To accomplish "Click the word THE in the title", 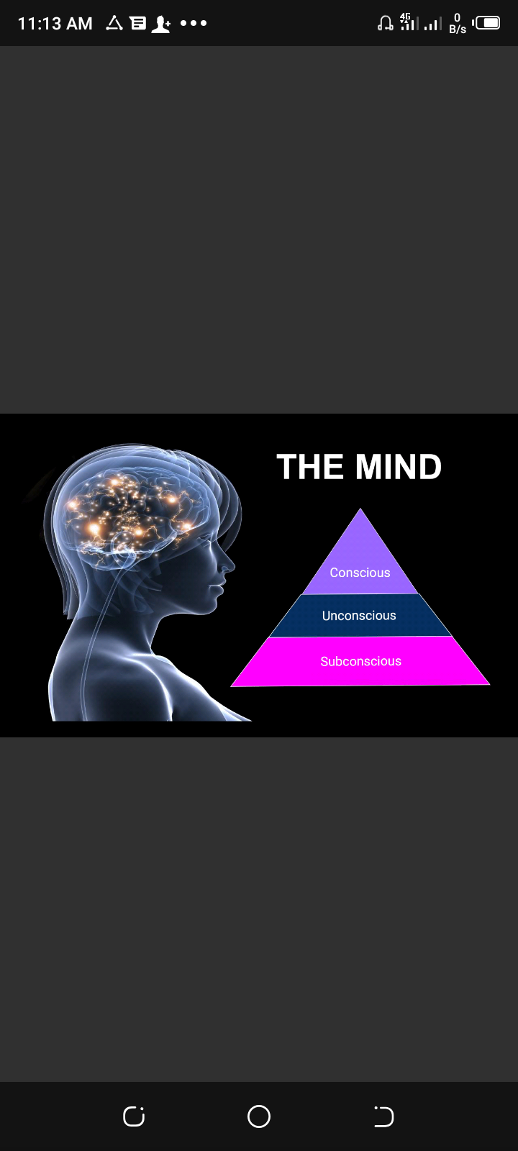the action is [310, 467].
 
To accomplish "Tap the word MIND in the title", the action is [399, 467].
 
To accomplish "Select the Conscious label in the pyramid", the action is [360, 573].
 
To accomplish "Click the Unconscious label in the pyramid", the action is [359, 616].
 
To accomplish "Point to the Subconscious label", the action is [360, 661].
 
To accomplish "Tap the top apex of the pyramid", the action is [360, 509].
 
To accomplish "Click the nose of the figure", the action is [229, 566].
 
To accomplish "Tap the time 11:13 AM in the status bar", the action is [55, 23].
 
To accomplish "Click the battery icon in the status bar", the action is [486, 23].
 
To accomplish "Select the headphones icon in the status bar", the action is [386, 23].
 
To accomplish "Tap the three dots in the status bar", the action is [194, 23].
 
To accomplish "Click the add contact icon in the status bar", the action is [161, 24].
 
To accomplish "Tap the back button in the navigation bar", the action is [384, 1116].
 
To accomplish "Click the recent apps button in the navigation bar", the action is [134, 1116].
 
